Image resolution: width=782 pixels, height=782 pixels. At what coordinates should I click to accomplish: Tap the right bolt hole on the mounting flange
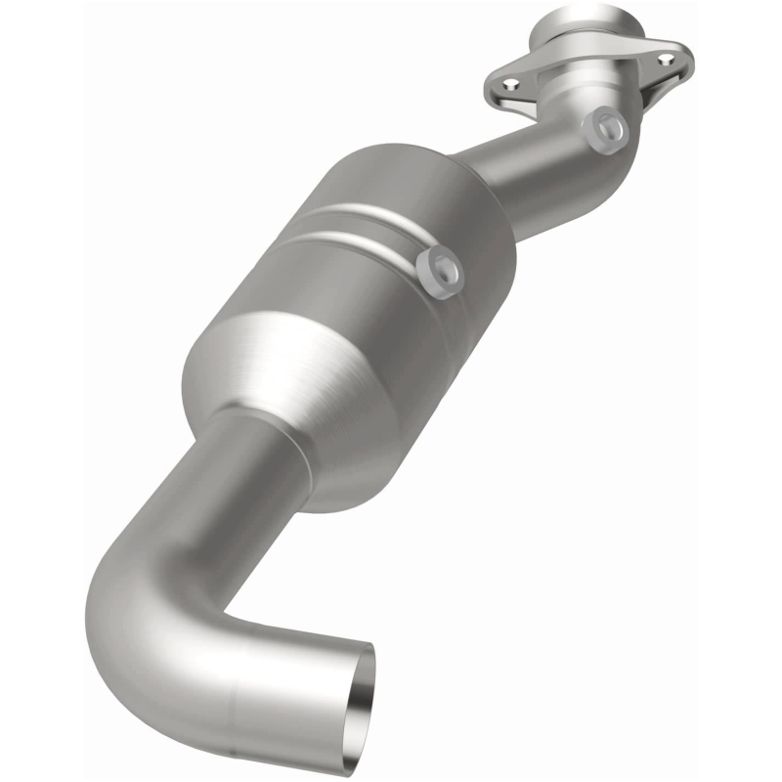point(672,58)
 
